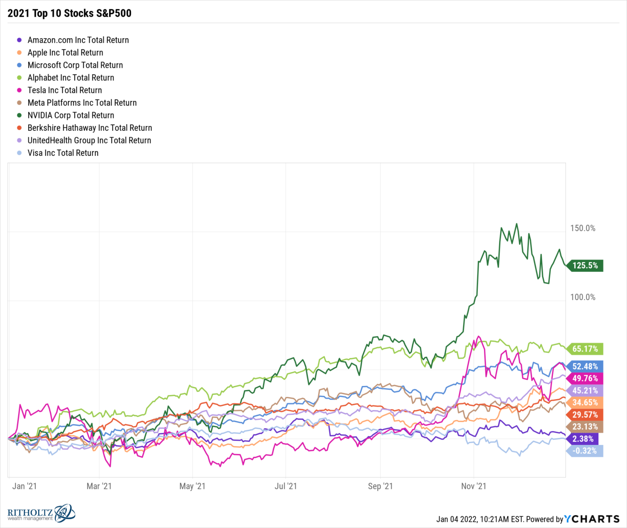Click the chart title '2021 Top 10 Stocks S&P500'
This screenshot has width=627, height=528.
pos(70,13)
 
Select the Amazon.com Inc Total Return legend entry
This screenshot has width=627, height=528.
pos(78,40)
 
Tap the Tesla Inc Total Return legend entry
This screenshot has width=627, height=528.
pos(65,90)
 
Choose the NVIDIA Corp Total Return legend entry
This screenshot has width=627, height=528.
pos(70,115)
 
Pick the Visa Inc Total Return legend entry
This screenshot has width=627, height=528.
pos(63,153)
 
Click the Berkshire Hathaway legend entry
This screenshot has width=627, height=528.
pos(90,128)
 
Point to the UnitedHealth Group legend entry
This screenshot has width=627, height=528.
pos(89,140)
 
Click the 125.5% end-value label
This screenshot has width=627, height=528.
pos(585,266)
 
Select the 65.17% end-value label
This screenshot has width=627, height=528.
pos(585,349)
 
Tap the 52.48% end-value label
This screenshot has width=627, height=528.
pos(585,367)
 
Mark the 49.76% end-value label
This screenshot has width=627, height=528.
pos(585,378)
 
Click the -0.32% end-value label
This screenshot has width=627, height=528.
pos(584,451)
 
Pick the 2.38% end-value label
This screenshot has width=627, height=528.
pos(583,439)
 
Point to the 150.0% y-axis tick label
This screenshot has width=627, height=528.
pos(583,228)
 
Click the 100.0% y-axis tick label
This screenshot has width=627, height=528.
pos(583,297)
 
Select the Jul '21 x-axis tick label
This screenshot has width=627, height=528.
pos(286,486)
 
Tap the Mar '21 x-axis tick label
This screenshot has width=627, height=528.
pos(99,486)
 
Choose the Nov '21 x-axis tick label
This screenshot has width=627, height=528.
pos(473,486)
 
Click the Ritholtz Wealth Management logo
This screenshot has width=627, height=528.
pos(41,513)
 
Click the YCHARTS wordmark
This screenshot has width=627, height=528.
pos(592,519)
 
